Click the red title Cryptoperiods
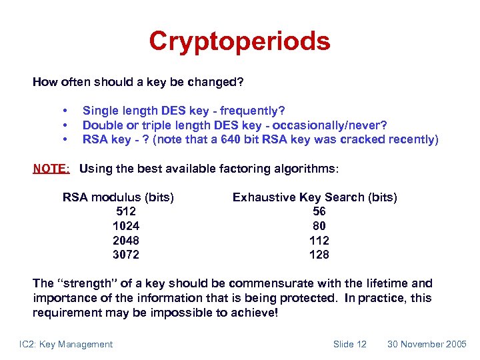tap(239, 41)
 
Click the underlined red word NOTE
tap(51, 169)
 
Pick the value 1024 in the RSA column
tap(126, 226)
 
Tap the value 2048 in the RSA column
tap(126, 240)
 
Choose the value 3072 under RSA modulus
tap(126, 255)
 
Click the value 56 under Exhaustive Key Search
tap(319, 211)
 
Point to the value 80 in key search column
tap(319, 226)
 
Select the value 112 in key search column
tap(319, 240)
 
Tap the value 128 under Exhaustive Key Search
tap(319, 255)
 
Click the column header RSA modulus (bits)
tap(118, 197)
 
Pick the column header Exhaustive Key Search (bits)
tap(315, 197)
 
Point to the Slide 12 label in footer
tap(349, 344)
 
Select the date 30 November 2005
tap(427, 344)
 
